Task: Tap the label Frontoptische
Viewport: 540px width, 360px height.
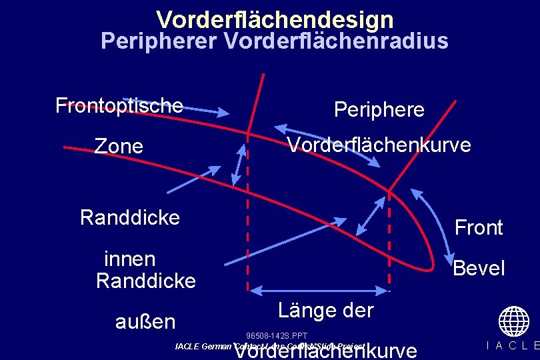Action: point(119,105)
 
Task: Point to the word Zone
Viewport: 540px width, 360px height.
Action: point(119,146)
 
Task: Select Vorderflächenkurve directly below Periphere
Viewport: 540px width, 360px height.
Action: point(379,145)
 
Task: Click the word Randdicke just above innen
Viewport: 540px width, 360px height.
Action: point(129,218)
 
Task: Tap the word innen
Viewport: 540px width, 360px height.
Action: point(129,259)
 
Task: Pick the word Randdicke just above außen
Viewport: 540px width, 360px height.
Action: point(145,281)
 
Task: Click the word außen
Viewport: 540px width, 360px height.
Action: point(145,322)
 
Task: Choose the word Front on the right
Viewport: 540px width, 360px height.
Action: point(478,228)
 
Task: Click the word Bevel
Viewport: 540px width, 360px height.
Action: point(479,269)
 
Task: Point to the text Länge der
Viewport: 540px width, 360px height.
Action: point(325,310)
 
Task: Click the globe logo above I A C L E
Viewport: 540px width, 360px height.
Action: point(513,321)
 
